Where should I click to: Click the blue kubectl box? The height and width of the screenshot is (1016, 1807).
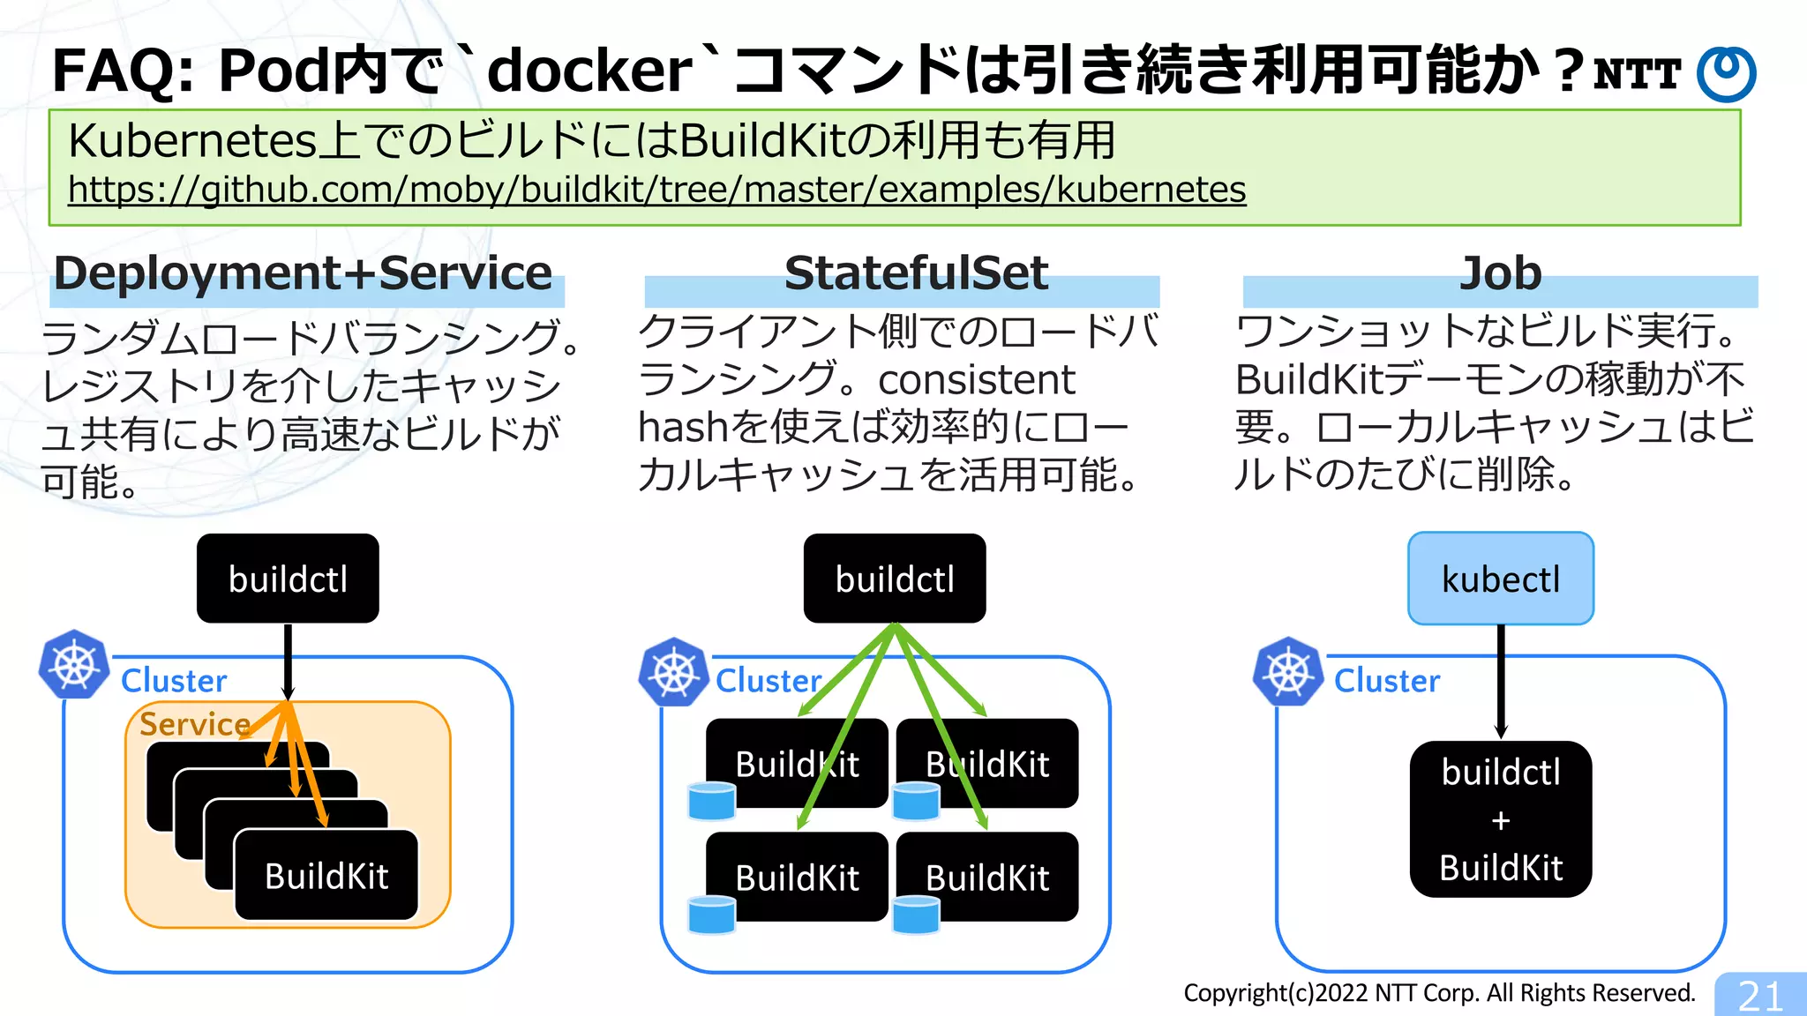(1500, 579)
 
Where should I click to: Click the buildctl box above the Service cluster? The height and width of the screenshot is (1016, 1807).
(288, 579)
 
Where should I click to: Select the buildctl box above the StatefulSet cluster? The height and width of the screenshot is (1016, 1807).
(894, 579)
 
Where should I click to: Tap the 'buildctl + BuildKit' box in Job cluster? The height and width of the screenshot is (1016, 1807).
(1500, 819)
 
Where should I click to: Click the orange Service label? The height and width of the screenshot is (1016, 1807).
(194, 724)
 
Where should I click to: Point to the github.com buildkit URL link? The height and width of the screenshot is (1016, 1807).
(656, 190)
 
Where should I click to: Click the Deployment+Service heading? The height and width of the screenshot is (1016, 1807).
(303, 273)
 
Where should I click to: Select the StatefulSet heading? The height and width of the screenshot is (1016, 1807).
(916, 273)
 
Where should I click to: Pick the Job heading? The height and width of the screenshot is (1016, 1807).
(1500, 273)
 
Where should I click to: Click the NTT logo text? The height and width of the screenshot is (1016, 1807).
(1637, 74)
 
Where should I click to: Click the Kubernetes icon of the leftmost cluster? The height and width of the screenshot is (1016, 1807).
(74, 664)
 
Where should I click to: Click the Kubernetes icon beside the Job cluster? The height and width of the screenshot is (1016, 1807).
(1288, 671)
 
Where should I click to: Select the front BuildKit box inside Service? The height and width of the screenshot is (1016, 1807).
(326, 876)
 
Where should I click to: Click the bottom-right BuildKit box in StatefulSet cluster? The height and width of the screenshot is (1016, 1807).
(987, 878)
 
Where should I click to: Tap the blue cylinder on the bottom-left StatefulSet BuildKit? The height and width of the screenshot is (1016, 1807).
(711, 915)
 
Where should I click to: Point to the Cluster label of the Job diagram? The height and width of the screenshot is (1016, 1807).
(1386, 681)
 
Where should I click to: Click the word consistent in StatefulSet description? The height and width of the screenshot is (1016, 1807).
(976, 380)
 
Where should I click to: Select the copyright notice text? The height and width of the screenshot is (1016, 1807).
(1438, 993)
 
